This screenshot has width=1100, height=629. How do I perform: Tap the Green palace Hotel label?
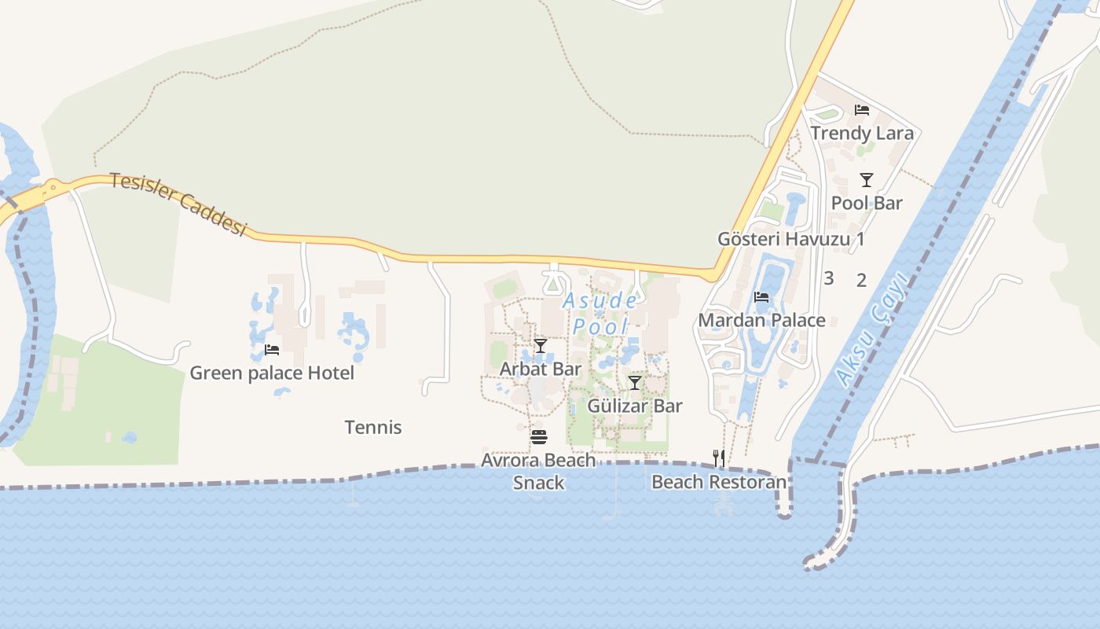click(272, 373)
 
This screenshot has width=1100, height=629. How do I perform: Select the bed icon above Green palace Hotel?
click(272, 350)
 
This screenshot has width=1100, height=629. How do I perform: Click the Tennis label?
click(373, 428)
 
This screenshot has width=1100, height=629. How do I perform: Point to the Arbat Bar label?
click(541, 369)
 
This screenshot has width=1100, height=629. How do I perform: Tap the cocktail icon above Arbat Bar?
click(541, 346)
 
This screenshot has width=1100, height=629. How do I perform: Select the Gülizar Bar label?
click(635, 406)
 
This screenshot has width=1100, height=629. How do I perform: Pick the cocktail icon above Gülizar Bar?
click(635, 383)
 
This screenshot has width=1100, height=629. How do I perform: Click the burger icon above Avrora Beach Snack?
click(538, 437)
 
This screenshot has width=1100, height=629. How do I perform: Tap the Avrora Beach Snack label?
click(538, 471)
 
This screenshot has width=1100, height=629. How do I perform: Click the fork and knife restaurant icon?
click(718, 458)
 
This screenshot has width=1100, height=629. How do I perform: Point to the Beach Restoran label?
click(719, 482)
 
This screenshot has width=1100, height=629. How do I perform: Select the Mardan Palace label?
click(761, 320)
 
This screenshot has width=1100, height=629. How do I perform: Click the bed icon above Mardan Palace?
click(761, 297)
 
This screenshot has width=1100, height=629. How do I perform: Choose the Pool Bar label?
click(867, 203)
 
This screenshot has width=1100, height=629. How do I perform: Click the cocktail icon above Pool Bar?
click(866, 180)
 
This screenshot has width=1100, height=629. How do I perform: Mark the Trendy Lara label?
click(862, 133)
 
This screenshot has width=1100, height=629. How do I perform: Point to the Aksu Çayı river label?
click(872, 331)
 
